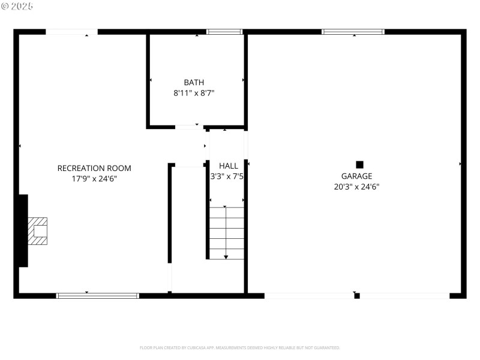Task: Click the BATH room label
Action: coord(194,83)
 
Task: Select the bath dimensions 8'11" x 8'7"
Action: coord(194,93)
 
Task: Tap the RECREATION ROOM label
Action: coord(94,169)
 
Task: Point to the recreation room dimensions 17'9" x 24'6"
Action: coord(94,179)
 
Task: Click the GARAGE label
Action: coord(356,176)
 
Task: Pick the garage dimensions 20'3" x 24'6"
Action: coord(356,187)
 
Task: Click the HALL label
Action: coord(228,166)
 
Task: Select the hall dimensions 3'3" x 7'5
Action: coord(227,177)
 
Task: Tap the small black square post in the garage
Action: coord(359,164)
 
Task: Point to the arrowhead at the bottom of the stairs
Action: coord(226,257)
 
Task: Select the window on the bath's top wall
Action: coord(224,32)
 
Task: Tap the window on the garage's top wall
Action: coord(353,32)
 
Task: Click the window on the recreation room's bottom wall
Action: coord(98,295)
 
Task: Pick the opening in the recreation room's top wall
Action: coord(72,32)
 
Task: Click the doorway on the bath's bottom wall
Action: coord(189,127)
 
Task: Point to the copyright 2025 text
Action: coord(17,6)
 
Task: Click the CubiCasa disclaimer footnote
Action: coord(240,348)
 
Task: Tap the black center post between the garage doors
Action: coord(357,295)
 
